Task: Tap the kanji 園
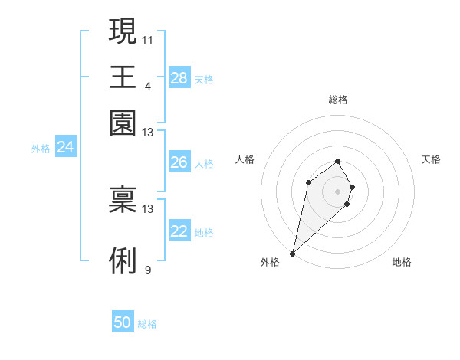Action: (x=123, y=123)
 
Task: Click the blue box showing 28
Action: (x=179, y=78)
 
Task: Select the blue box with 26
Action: (x=179, y=162)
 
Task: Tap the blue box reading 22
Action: (x=179, y=232)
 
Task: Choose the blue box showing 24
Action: (x=65, y=147)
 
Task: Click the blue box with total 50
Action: (x=123, y=322)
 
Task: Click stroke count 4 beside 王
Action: (x=147, y=86)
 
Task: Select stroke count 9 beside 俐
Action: (x=147, y=270)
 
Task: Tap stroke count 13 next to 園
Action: (x=148, y=133)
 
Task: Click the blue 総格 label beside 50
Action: (x=147, y=324)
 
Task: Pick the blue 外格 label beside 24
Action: (x=41, y=149)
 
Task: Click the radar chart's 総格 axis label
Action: (x=338, y=100)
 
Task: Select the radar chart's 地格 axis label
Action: (x=402, y=262)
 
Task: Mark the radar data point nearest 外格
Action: (x=292, y=254)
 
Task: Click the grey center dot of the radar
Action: (x=338, y=191)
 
